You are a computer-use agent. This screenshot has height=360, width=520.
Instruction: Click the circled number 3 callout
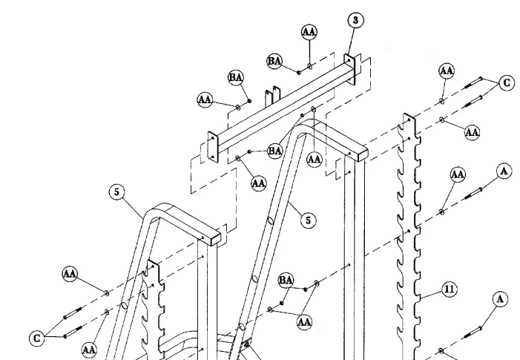(x=356, y=20)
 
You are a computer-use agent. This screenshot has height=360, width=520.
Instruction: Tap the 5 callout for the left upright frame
(x=115, y=192)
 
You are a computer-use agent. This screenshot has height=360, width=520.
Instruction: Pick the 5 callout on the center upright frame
(x=305, y=219)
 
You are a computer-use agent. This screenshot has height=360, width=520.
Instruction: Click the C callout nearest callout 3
(x=507, y=84)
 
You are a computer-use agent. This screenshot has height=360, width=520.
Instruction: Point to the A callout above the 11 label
(x=503, y=171)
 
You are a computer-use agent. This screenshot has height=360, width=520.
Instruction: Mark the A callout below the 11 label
(x=499, y=299)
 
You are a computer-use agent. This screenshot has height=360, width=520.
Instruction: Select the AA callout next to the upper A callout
(x=458, y=174)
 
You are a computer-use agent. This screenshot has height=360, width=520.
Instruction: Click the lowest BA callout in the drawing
(x=286, y=280)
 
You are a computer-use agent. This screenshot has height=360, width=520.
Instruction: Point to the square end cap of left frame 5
(x=210, y=237)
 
